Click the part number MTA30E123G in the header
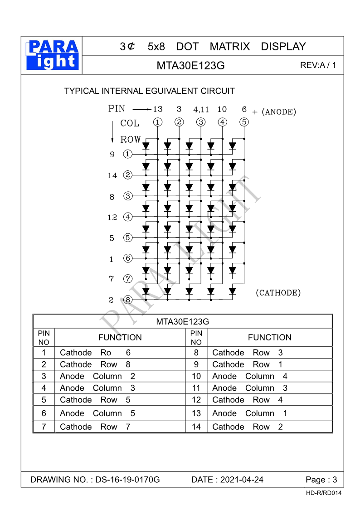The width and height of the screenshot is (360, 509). point(190,65)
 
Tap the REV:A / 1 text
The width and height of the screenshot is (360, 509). point(318,65)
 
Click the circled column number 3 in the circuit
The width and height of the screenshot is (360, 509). point(201,121)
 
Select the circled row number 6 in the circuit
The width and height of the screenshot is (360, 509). point(128,258)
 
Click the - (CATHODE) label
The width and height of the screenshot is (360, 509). point(273,292)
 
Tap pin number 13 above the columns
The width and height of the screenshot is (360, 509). point(157,109)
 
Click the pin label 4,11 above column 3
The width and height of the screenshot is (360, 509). point(201,109)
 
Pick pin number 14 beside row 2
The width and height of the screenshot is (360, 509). point(112,175)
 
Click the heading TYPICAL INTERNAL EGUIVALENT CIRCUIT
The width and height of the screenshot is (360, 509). point(150,91)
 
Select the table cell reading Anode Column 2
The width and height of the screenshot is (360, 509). point(97,376)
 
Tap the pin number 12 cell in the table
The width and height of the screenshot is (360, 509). point(196,400)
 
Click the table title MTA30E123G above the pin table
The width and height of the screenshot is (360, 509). point(182,322)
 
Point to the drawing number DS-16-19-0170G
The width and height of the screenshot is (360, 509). point(128,480)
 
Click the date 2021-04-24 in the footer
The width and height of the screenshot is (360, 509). point(242,480)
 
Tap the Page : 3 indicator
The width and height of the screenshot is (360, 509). point(321,480)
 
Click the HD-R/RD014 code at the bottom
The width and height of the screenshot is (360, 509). point(324,493)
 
